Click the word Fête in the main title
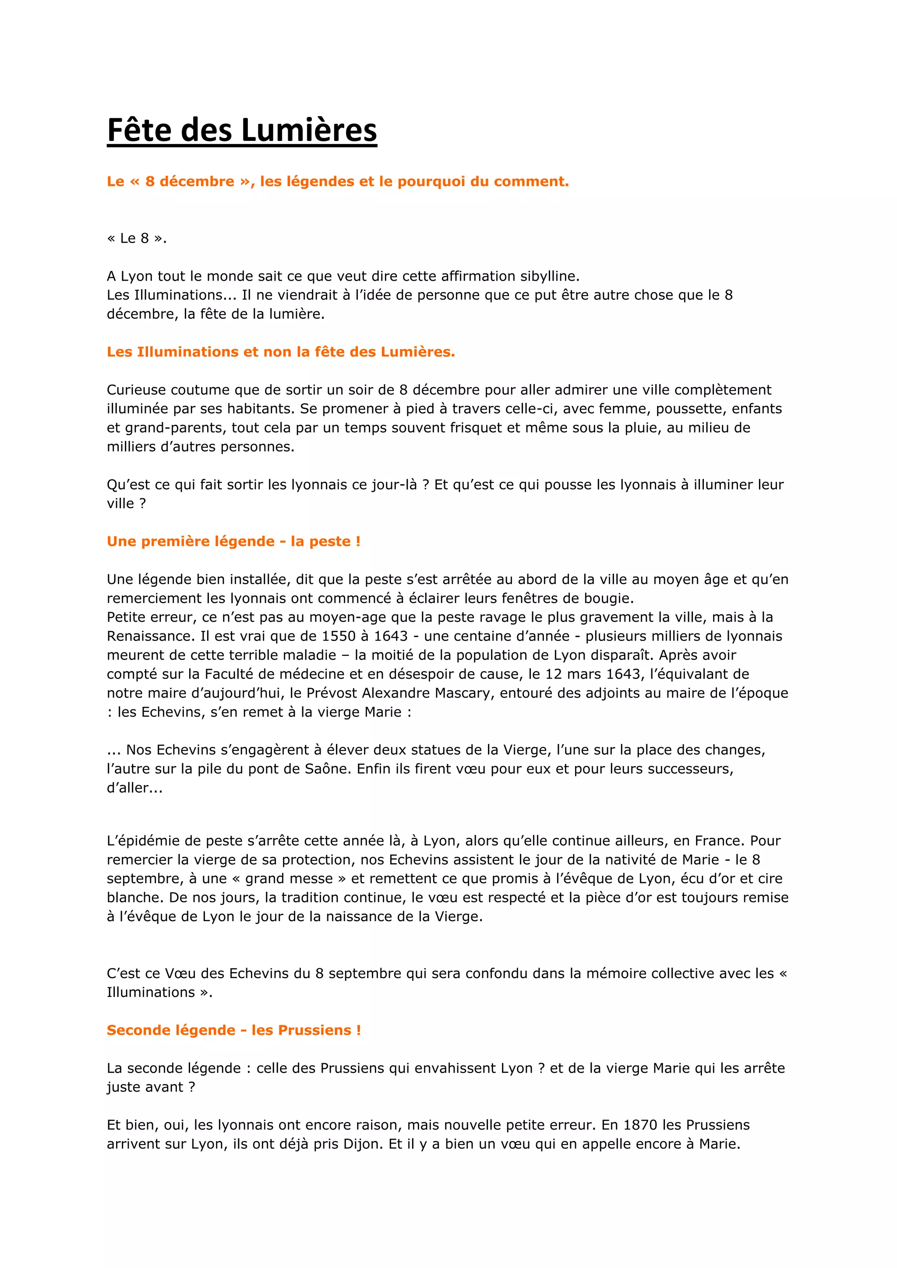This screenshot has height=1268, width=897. [140, 130]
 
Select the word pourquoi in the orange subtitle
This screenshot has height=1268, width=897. [431, 182]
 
